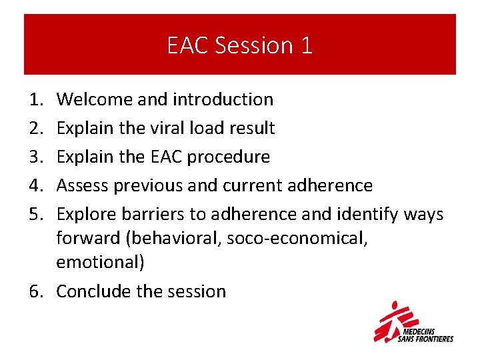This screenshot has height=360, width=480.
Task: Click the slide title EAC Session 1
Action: pos(239,45)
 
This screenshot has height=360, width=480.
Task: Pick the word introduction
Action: pos(223,100)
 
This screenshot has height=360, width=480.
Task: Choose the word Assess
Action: pos(84,186)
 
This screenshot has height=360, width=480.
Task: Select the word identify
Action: pos(371,215)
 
